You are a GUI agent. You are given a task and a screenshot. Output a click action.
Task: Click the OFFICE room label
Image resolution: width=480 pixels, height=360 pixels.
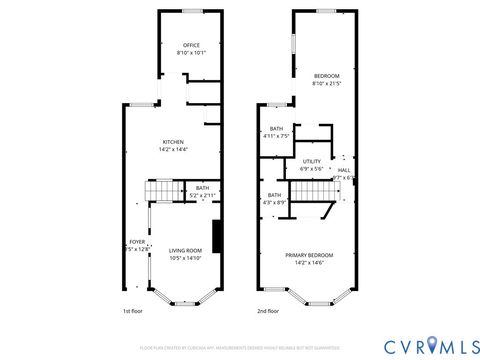tap(191, 45)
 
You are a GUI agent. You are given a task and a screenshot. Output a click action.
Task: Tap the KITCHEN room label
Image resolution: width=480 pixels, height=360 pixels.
tap(173, 142)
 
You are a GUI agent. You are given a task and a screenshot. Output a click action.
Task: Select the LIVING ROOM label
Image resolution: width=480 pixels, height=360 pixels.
tap(185, 250)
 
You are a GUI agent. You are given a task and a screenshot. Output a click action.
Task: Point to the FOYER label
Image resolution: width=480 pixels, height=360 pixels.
tap(137, 242)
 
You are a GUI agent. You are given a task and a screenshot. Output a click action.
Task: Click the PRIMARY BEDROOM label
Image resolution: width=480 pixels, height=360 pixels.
tap(309, 255)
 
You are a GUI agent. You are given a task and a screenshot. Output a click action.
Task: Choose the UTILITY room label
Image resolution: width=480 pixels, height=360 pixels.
tap(311, 161)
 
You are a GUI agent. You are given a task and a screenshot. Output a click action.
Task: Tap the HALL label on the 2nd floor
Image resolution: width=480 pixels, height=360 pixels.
tap(344, 170)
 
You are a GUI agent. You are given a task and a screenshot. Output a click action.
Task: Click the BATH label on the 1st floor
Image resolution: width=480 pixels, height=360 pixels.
tap(202, 188)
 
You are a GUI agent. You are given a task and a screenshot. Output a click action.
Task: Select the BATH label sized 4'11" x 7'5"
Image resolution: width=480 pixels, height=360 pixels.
tap(276, 129)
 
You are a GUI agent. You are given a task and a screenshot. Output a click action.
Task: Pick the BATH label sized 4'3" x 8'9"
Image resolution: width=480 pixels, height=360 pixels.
tap(274, 195)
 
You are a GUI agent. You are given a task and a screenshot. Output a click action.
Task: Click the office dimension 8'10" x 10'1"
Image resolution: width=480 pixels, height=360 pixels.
tap(191, 52)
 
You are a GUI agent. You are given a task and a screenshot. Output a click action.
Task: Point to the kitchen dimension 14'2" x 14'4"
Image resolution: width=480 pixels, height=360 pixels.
tap(173, 149)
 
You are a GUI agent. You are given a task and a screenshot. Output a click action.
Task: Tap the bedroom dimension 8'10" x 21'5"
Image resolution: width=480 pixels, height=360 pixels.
tap(326, 84)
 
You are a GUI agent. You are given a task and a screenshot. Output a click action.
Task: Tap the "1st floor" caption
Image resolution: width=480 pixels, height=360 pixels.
tap(133, 311)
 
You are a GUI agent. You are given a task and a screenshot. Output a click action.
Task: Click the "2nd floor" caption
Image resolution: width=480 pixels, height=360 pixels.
tap(267, 311)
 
